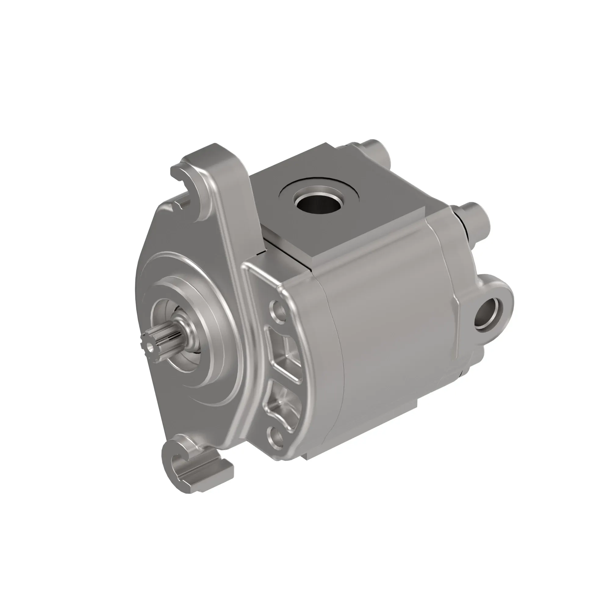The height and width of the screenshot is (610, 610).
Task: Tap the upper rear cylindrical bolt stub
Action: (378, 151)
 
